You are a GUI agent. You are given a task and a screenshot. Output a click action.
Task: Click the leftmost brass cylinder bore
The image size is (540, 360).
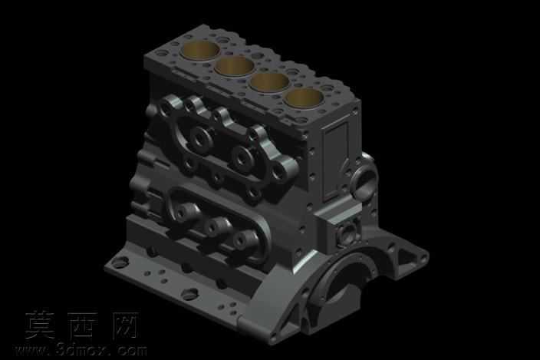[200, 51]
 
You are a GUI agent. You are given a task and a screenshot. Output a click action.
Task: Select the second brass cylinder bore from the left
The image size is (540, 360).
[234, 66]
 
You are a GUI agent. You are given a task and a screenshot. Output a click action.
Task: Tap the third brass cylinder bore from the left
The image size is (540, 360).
[269, 82]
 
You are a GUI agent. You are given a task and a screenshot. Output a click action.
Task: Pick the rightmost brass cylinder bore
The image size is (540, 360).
[304, 97]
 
